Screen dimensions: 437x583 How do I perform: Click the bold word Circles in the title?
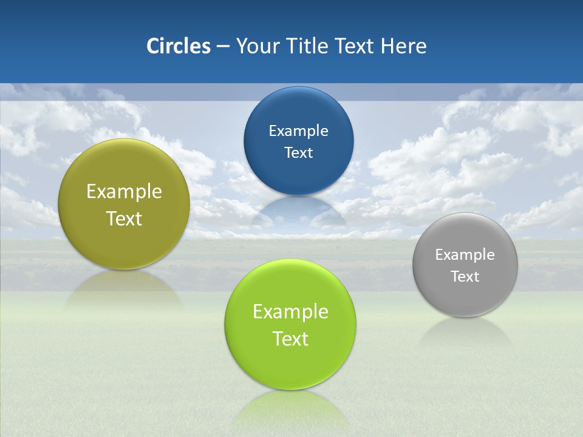point(178,46)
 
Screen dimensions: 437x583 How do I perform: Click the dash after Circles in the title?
point(223,47)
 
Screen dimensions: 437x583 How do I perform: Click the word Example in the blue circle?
point(298,130)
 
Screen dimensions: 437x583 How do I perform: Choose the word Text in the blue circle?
point(298,152)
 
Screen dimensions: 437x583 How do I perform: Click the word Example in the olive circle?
point(124,192)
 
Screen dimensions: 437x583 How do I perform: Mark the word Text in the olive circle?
point(124,218)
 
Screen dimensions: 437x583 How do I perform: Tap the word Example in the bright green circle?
point(290,312)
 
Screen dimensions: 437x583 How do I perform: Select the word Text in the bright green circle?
point(290,339)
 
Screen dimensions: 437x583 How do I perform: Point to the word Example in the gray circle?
point(465,254)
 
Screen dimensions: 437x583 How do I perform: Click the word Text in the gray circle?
point(465,276)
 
